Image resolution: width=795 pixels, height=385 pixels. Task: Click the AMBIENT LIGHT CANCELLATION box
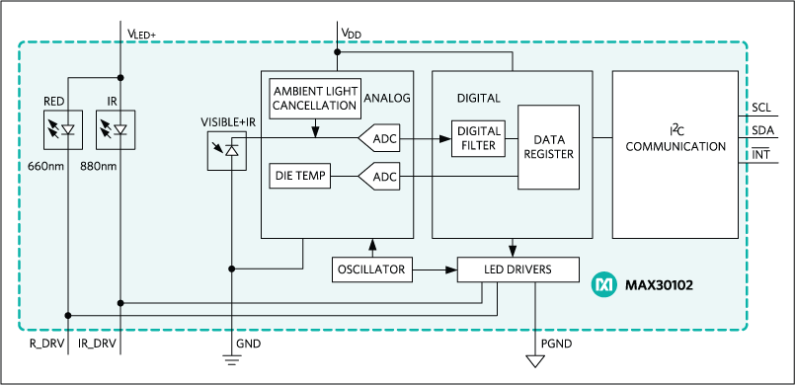(x=315, y=98)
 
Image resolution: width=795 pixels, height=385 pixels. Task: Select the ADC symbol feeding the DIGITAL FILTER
(x=380, y=139)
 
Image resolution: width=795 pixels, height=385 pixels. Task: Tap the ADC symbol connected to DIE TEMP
(x=380, y=177)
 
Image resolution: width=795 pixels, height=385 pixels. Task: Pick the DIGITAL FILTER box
(x=477, y=139)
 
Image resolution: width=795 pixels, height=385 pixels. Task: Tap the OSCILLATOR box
(x=371, y=269)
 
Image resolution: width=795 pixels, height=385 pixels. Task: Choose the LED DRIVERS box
(x=517, y=269)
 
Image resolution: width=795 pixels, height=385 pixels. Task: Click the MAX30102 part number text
(x=658, y=286)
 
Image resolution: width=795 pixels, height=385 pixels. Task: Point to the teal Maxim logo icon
(x=603, y=285)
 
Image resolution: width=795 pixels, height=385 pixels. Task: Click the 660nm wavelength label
(x=47, y=166)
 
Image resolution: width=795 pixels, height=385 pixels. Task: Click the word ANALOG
(x=386, y=98)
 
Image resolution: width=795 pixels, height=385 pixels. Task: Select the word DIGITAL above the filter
(x=478, y=99)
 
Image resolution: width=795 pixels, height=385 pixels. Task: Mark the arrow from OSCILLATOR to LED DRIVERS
(x=436, y=269)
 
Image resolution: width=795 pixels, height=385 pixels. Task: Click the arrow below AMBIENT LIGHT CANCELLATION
(x=315, y=129)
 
